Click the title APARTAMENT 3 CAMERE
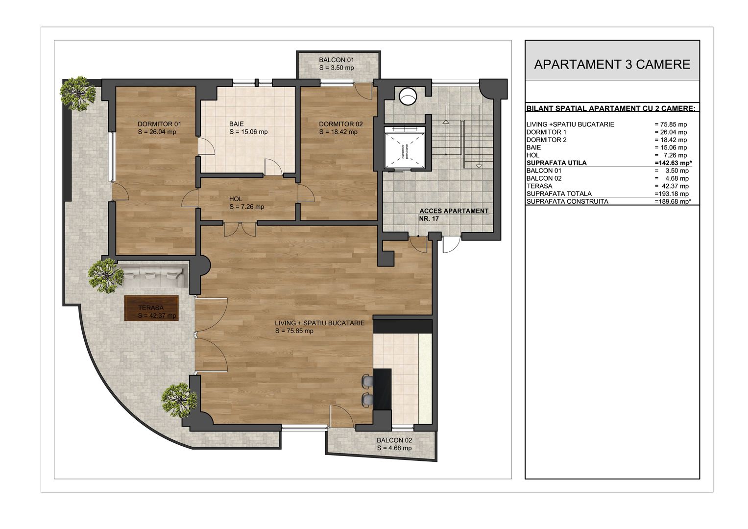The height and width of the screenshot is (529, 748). click(612, 64)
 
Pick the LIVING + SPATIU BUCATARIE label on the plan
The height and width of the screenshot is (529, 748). click(319, 327)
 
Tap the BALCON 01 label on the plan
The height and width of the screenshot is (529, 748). click(337, 64)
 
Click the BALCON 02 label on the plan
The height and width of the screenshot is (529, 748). click(394, 444)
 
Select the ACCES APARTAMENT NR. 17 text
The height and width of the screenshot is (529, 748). click(454, 215)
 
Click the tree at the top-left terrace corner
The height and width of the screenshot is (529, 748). click(77, 92)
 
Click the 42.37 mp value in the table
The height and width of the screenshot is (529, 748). click(672, 186)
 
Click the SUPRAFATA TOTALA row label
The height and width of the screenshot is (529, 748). click(559, 194)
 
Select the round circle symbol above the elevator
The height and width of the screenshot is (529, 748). click(407, 96)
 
